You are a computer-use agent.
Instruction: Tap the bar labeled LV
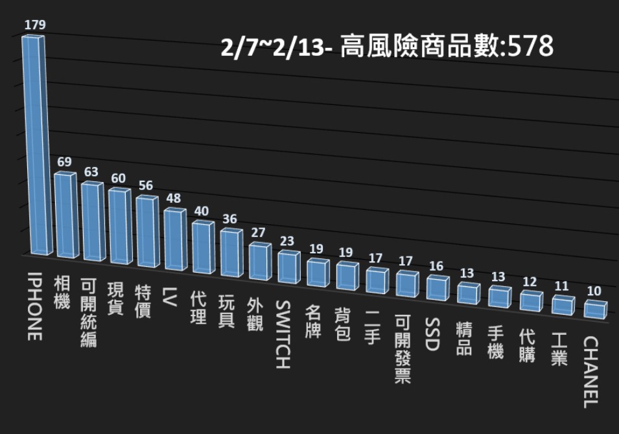pyautogui.click(x=174, y=240)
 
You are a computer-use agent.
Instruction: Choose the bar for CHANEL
pyautogui.click(x=595, y=309)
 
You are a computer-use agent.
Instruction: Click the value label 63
pyautogui.click(x=91, y=172)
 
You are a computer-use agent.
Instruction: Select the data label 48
pyautogui.click(x=173, y=200)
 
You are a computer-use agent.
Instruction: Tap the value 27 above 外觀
pyautogui.click(x=259, y=233)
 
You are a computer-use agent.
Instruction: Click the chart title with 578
pyautogui.click(x=388, y=47)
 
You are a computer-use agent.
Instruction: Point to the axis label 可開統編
pyautogui.click(x=88, y=313)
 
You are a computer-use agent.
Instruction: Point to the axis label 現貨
pyautogui.click(x=115, y=299)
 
